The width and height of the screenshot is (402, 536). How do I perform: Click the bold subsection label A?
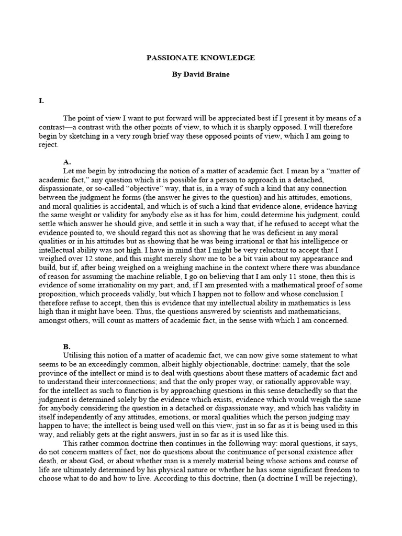point(66,162)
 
